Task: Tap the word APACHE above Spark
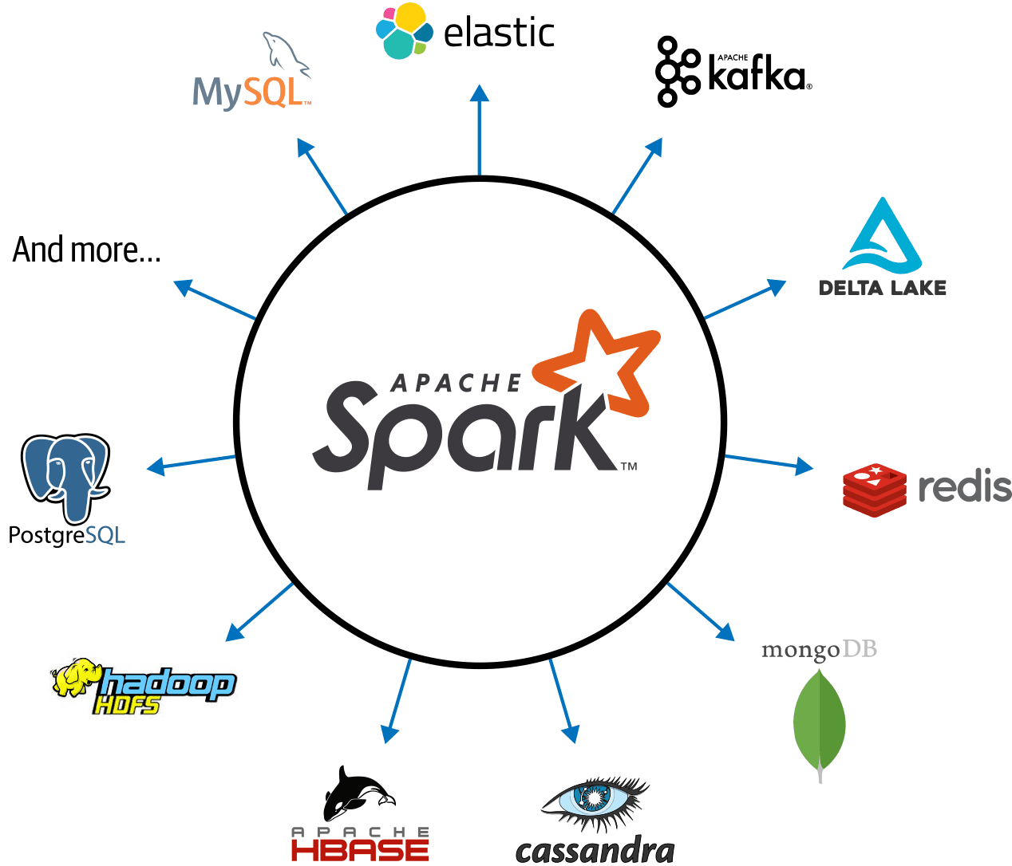tap(456, 384)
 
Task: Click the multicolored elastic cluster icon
tap(404, 31)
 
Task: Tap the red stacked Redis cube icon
tap(875, 489)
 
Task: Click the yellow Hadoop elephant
tap(76, 678)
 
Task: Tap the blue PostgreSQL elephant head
tap(65, 475)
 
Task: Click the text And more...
tap(86, 250)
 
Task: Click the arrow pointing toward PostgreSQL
tap(192, 463)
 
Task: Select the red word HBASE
tap(360, 850)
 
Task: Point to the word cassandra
tap(595, 852)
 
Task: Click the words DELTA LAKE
tap(882, 288)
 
